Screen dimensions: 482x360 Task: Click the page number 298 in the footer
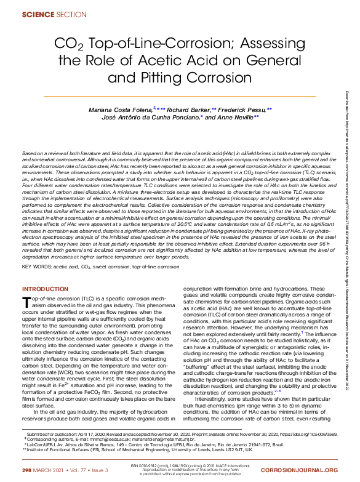coord(26,469)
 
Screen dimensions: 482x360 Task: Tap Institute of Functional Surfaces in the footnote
coord(61,448)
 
